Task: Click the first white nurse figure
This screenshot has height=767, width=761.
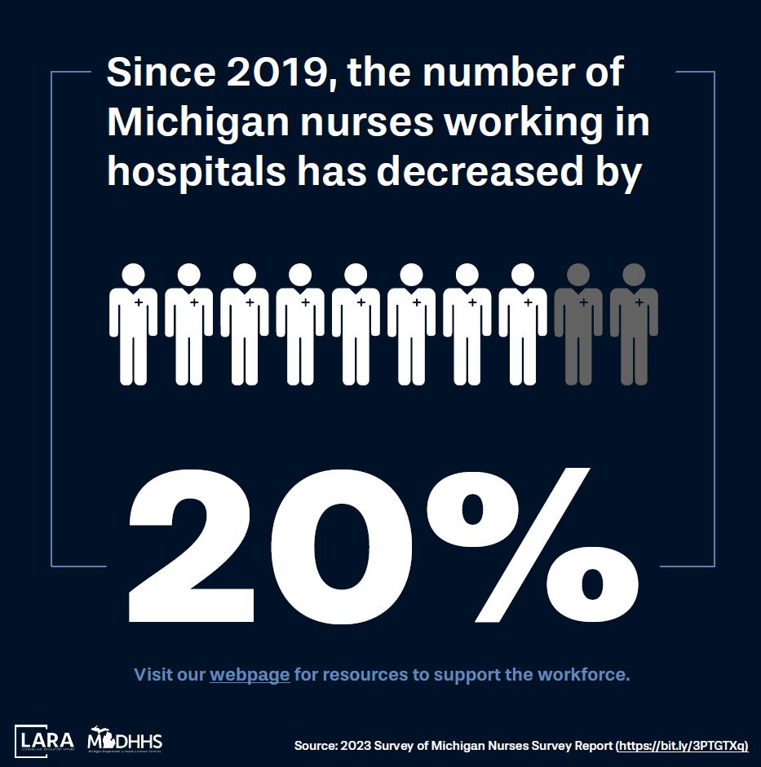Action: pos(134,324)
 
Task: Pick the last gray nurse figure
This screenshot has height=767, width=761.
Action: pos(634,324)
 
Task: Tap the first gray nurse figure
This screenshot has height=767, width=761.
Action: pos(578,324)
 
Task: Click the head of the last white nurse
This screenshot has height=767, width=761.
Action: pos(523,275)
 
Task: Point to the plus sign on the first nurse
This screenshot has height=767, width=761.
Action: pos(139,303)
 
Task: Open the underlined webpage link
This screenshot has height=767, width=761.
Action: pos(250,675)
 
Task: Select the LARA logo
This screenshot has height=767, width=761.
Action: pos(44,742)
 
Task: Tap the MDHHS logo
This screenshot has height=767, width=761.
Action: pos(125,741)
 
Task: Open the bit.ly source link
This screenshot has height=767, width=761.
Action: pos(684,746)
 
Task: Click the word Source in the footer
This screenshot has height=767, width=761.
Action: pos(313,746)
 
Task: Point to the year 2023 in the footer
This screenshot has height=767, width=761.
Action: pos(352,746)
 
